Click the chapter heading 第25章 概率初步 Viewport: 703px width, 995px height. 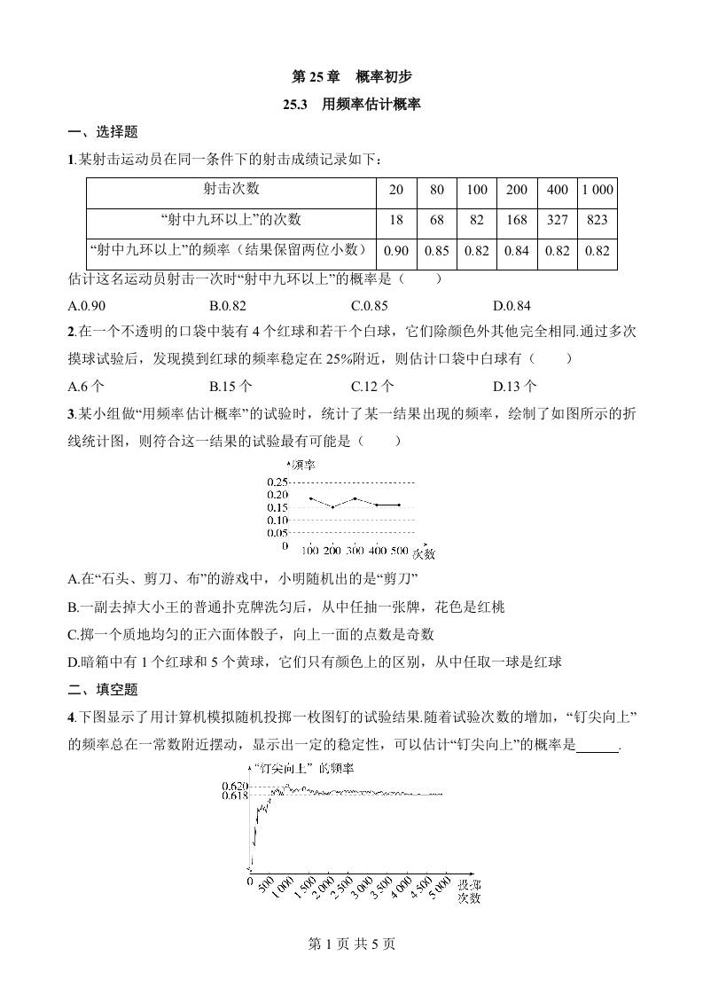pyautogui.click(x=351, y=77)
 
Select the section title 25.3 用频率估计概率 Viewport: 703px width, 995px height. pyautogui.click(x=351, y=105)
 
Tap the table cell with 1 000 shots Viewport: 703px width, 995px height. pyautogui.click(x=598, y=190)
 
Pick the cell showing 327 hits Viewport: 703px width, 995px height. pyautogui.click(x=558, y=220)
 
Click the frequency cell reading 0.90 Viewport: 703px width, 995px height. pyautogui.click(x=396, y=251)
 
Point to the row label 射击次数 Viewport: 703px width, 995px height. pyautogui.click(x=231, y=189)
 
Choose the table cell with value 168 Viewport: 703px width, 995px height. pyautogui.click(x=517, y=220)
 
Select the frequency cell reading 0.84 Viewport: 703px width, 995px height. pyautogui.click(x=517, y=251)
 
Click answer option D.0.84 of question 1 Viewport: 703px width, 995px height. pyautogui.click(x=512, y=307)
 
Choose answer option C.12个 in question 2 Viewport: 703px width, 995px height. pyautogui.click(x=372, y=386)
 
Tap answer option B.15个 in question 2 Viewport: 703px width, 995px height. pyautogui.click(x=230, y=386)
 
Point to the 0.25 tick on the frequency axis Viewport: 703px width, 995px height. pyautogui.click(x=277, y=482)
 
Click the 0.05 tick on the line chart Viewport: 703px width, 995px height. pyautogui.click(x=277, y=533)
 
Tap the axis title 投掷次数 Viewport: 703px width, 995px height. pyautogui.click(x=469, y=891)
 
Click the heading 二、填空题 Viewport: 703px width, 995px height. pyautogui.click(x=103, y=689)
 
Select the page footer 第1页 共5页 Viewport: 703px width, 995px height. pyautogui.click(x=351, y=944)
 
